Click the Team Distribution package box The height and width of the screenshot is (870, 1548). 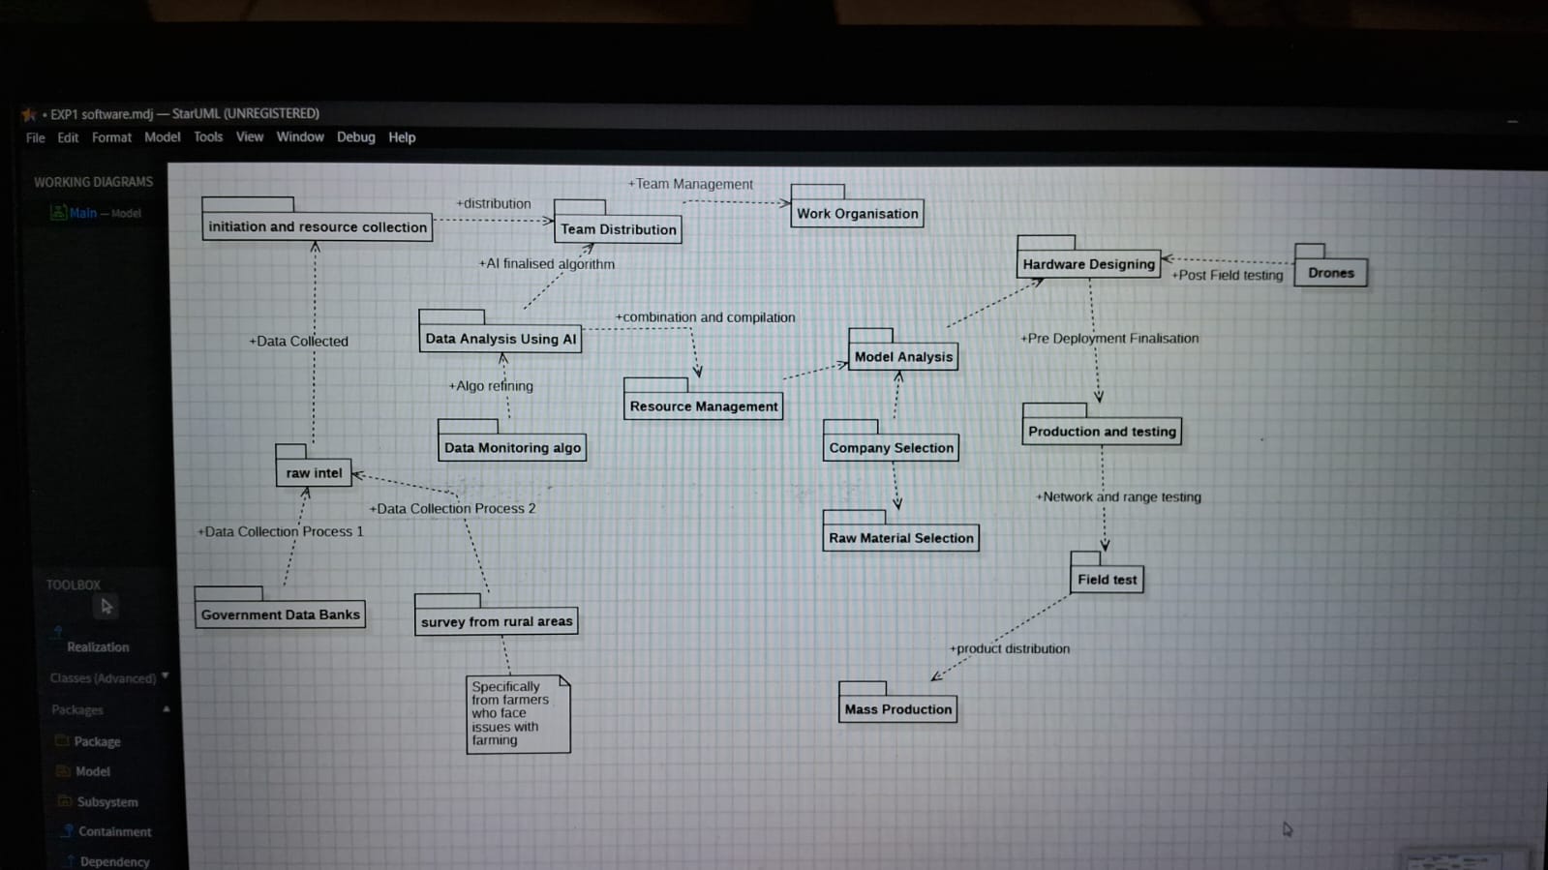click(x=618, y=222)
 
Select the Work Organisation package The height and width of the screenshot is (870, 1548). click(x=857, y=206)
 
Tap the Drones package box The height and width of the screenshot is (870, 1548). click(x=1330, y=265)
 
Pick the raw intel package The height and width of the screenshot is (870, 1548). click(x=313, y=465)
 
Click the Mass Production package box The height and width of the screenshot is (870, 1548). click(x=897, y=702)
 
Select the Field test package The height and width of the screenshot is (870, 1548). click(x=1107, y=572)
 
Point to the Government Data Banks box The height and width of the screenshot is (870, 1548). click(x=280, y=608)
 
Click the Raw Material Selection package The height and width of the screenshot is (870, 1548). click(x=900, y=530)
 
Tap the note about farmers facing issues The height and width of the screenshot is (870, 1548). click(x=518, y=714)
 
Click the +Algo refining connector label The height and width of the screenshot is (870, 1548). click(x=491, y=385)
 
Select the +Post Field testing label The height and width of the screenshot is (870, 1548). click(x=1227, y=275)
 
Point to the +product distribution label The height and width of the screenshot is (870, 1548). click(x=1009, y=649)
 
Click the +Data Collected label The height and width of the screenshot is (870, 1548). click(x=298, y=341)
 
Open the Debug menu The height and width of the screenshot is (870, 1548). click(x=356, y=136)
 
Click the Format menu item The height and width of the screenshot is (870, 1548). click(x=111, y=137)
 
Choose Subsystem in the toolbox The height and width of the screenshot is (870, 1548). click(x=107, y=801)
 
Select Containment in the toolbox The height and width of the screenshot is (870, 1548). click(x=114, y=831)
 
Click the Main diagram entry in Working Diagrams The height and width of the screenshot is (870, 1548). click(x=83, y=213)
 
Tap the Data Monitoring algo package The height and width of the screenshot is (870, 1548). click(x=512, y=440)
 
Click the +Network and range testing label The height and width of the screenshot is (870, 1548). click(x=1118, y=496)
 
